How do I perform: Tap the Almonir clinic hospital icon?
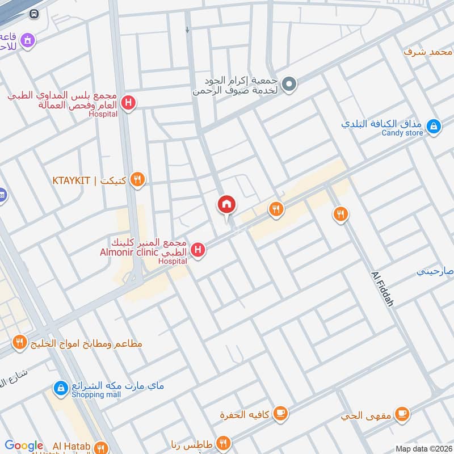(197, 249)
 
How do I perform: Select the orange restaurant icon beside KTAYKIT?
(137, 180)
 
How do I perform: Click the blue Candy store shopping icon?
(434, 126)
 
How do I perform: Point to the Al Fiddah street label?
(383, 289)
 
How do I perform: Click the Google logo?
(24, 445)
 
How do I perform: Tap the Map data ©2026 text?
(423, 448)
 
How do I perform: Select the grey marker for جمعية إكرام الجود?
(289, 85)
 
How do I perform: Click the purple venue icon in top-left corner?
(27, 40)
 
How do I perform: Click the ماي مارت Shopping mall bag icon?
(60, 388)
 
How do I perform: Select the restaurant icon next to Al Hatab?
(101, 447)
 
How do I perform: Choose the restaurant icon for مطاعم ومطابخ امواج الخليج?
(20, 342)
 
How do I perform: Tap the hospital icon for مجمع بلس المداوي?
(129, 104)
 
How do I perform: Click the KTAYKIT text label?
(73, 181)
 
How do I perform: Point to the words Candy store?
(402, 133)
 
